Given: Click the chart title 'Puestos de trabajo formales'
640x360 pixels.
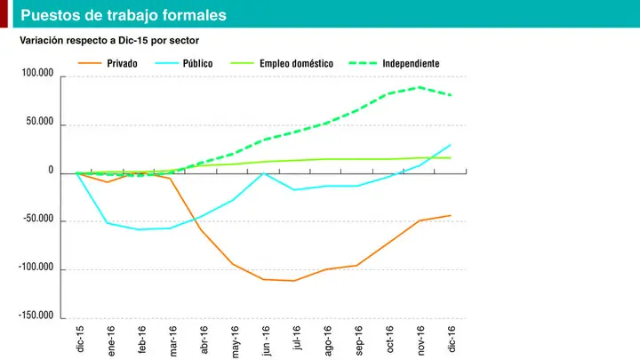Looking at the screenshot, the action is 124,15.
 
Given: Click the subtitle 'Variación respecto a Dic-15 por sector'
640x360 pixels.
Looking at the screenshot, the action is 109,40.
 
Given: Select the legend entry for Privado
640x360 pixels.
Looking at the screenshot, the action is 108,63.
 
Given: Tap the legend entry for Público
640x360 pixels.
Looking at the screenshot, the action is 184,63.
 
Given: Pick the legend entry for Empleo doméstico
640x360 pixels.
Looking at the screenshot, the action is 282,63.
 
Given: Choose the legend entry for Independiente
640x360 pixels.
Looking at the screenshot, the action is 395,63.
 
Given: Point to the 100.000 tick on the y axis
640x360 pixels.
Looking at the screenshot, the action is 37,73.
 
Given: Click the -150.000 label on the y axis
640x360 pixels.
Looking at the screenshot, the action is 36,315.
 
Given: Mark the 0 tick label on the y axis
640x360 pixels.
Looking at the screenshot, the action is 51,170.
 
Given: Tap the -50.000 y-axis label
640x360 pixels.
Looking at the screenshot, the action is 38,219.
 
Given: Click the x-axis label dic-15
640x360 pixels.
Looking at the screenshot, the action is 80,339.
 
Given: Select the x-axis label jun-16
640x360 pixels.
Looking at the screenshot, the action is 265,340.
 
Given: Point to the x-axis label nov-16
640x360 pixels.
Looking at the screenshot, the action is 420,340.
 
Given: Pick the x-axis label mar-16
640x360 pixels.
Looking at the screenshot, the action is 172,340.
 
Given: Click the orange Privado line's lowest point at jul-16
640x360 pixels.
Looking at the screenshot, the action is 294,281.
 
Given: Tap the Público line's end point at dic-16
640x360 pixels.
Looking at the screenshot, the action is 451,145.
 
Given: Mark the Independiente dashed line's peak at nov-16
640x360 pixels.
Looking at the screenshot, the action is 420,87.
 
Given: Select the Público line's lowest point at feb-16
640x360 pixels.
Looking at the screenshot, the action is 139,229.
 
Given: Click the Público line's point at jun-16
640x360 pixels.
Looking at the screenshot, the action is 264,173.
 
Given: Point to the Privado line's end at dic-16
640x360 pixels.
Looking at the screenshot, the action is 451,215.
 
